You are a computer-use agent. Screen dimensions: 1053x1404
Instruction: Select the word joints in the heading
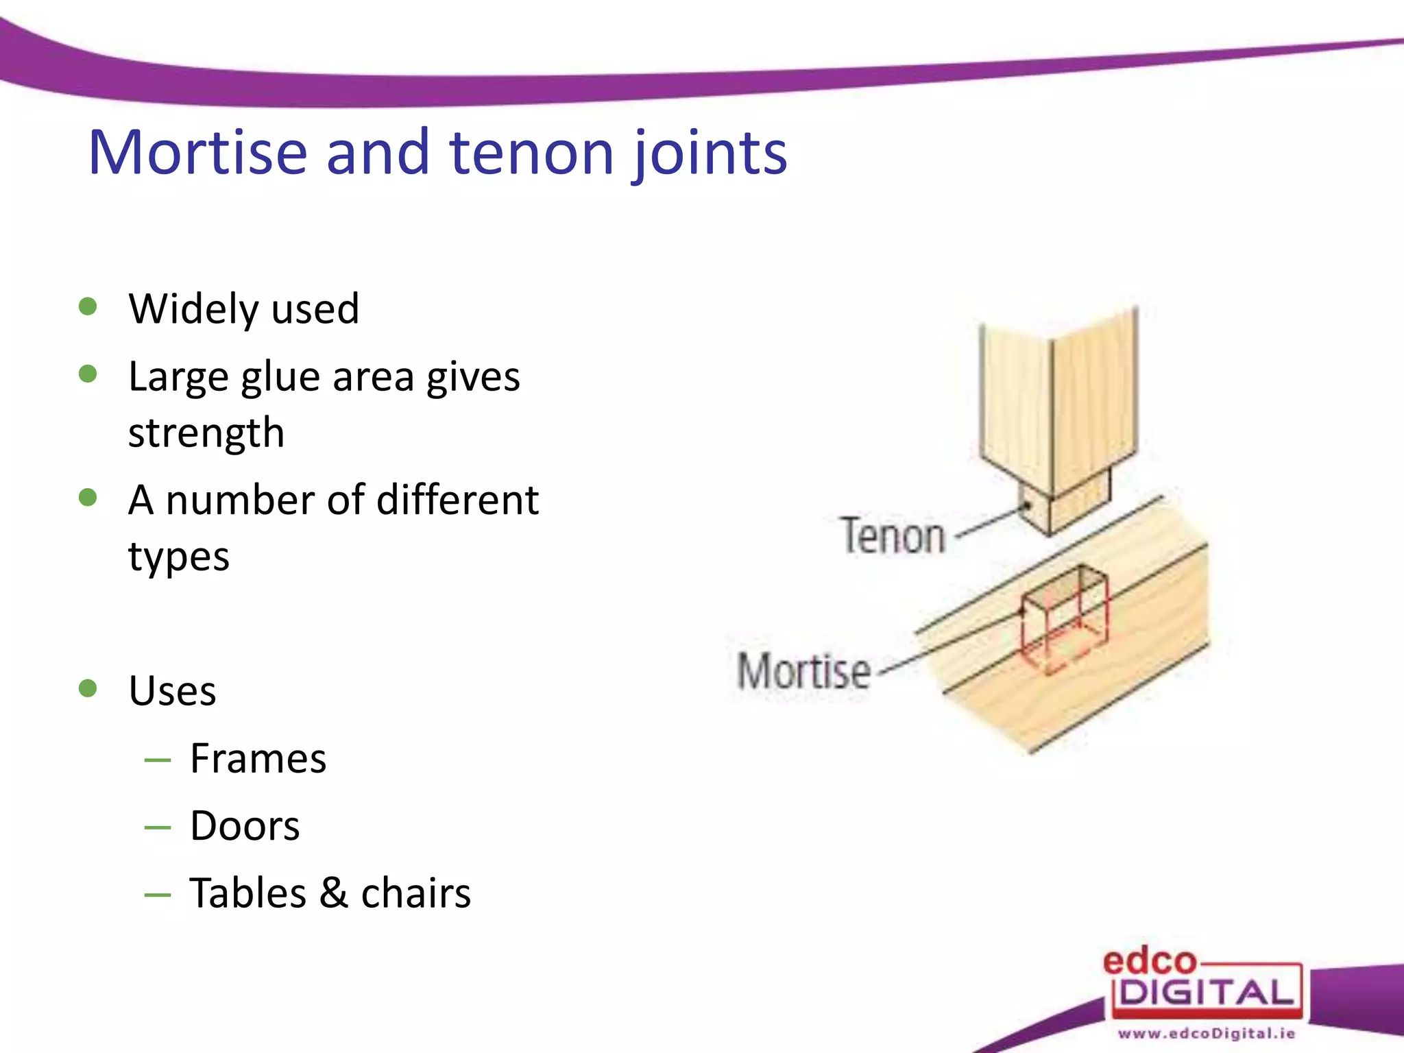[x=710, y=154]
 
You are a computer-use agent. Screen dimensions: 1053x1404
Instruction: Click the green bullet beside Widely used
[x=88, y=306]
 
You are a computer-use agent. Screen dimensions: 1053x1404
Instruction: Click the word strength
[x=206, y=433]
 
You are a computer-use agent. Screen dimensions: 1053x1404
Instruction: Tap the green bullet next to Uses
[x=88, y=688]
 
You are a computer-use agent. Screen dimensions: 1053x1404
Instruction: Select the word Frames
[x=258, y=758]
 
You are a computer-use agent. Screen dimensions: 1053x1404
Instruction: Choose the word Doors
[x=245, y=825]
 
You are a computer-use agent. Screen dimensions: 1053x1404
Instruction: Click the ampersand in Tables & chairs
[x=333, y=893]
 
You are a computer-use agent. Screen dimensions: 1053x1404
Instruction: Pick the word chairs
[x=416, y=893]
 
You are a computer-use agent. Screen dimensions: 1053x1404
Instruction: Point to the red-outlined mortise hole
[x=1063, y=617]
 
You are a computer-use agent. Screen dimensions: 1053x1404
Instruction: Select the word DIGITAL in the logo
[x=1207, y=993]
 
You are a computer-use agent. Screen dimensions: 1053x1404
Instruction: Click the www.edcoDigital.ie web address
[x=1207, y=1033]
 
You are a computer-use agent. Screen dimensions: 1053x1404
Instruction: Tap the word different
[x=457, y=500]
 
